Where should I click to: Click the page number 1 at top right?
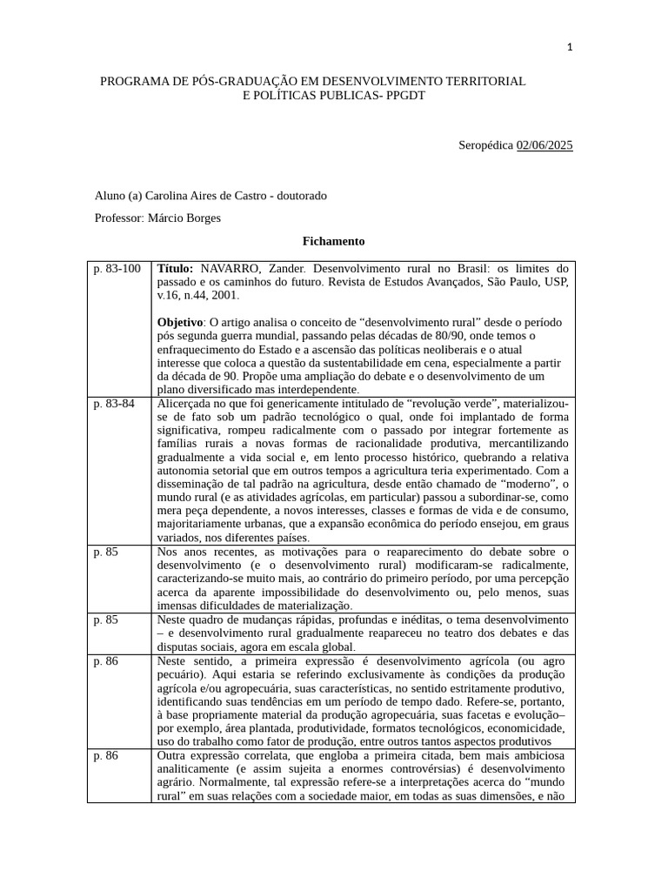570,48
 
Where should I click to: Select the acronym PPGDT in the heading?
404,95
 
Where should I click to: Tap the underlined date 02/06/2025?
544,145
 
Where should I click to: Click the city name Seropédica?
485,145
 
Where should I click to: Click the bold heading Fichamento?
333,241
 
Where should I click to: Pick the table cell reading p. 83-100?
117,269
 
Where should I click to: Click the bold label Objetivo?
179,322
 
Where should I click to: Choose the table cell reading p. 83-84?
114,404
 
